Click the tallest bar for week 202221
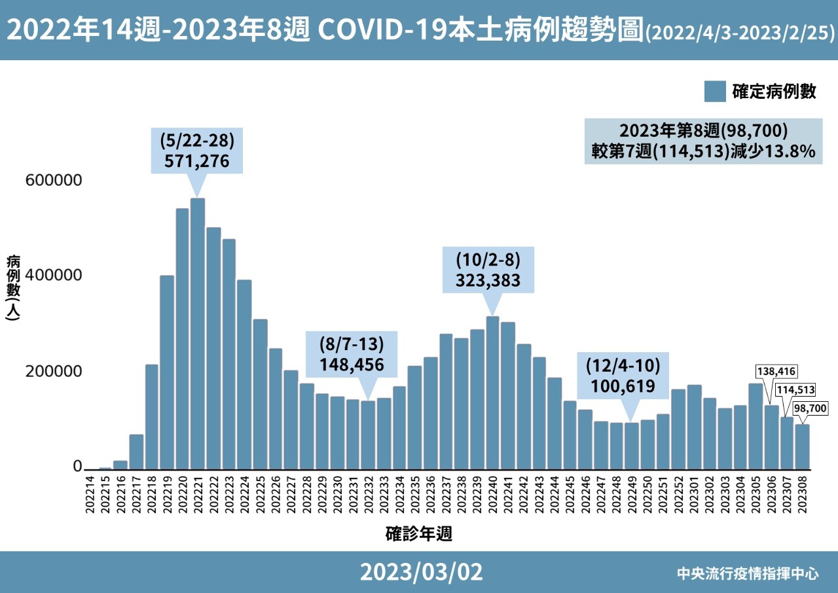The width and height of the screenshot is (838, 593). click(198, 334)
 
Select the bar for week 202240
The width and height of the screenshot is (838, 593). click(493, 393)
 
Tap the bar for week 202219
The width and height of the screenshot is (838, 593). click(167, 372)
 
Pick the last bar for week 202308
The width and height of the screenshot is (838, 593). click(802, 447)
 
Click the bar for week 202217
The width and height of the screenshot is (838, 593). click(136, 452)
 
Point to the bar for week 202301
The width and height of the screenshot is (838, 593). click(695, 427)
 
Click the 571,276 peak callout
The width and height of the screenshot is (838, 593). click(197, 151)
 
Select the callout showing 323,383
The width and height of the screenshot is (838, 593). click(488, 270)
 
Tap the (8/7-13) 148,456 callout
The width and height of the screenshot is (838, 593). click(352, 354)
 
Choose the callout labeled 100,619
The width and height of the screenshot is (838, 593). click(623, 376)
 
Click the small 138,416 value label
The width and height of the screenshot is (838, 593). click(776, 371)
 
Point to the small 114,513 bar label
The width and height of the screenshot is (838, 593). click(795, 389)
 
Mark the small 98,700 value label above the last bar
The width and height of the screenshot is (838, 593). click(811, 408)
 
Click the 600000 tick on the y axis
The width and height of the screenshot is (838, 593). click(54, 180)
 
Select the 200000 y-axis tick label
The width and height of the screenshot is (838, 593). click(54, 371)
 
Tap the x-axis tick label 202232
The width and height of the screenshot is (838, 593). click(369, 494)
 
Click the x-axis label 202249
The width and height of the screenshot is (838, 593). click(632, 494)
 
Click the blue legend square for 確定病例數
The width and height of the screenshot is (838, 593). click(715, 91)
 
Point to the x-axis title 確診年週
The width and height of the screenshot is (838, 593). click(418, 533)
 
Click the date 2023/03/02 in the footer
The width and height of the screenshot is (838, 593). click(421, 572)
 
